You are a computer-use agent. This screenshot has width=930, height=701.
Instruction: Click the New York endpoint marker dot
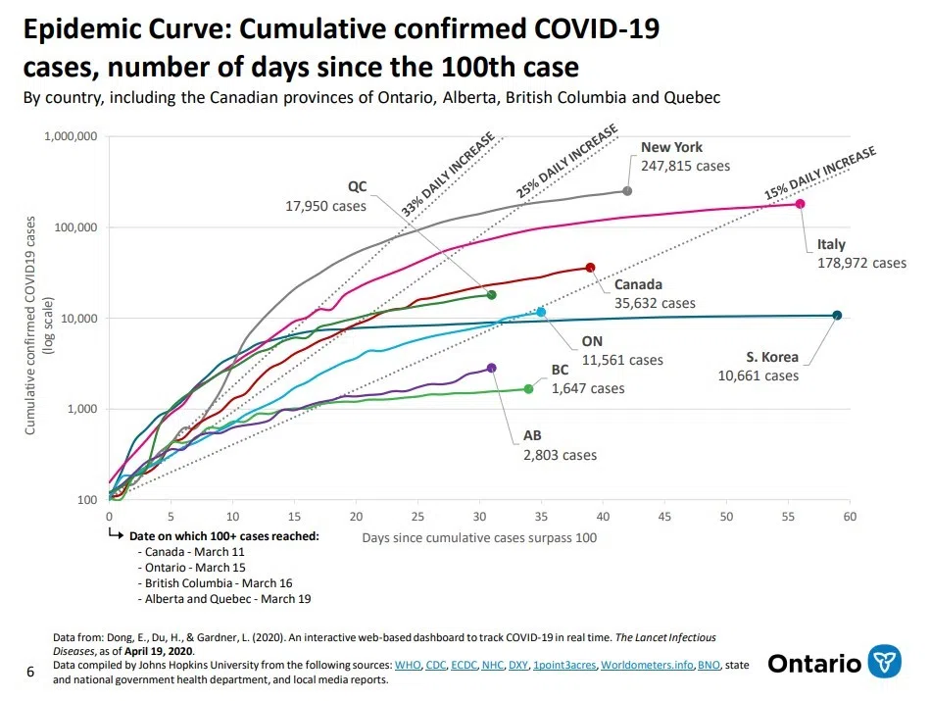(627, 190)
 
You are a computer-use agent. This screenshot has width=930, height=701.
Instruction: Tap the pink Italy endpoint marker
(800, 204)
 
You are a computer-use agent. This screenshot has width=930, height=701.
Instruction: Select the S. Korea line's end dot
(837, 315)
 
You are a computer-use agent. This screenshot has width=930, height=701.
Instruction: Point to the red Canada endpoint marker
(590, 268)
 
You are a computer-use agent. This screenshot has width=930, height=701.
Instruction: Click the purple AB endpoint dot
(491, 368)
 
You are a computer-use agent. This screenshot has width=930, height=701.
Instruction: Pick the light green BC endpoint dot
(528, 389)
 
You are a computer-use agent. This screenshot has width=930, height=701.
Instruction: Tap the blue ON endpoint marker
(541, 312)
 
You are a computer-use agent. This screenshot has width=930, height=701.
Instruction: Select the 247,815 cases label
(685, 166)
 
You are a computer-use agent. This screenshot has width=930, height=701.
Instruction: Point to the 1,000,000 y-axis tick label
(70, 136)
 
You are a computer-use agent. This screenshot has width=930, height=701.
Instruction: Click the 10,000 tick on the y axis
(77, 319)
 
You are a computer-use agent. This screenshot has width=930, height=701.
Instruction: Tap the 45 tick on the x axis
(664, 517)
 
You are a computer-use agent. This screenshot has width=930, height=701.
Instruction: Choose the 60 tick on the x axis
(850, 517)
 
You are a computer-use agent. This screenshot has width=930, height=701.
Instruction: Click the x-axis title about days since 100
(479, 537)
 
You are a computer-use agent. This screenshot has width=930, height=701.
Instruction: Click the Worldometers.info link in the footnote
(646, 665)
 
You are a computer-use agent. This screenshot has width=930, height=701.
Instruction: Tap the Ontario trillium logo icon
(886, 663)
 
